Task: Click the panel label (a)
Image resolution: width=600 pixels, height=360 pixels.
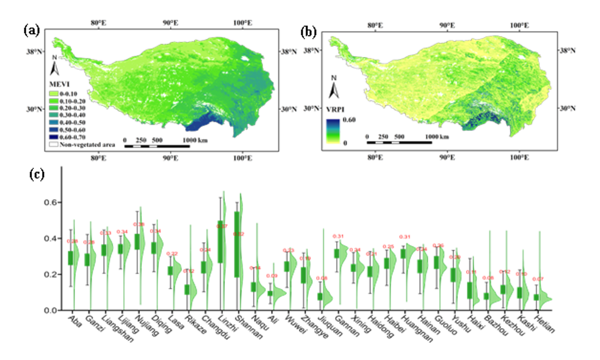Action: click(x=31, y=31)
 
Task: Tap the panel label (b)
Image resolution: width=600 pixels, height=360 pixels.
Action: click(x=308, y=32)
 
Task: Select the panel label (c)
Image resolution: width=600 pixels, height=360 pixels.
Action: click(x=37, y=174)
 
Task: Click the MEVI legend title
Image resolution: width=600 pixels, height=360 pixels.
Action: click(x=59, y=84)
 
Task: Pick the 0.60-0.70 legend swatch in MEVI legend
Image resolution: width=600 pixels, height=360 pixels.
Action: click(x=54, y=137)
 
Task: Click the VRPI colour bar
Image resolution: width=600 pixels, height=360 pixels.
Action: click(x=333, y=131)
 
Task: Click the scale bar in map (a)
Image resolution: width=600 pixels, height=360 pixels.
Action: click(x=157, y=146)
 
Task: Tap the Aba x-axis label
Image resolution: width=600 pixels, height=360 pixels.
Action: click(x=75, y=321)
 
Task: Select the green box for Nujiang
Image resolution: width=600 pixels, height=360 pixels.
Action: click(x=137, y=242)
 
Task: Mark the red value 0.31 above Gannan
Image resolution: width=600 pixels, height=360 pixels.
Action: click(x=338, y=236)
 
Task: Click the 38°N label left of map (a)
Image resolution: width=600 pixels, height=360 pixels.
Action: click(x=34, y=52)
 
